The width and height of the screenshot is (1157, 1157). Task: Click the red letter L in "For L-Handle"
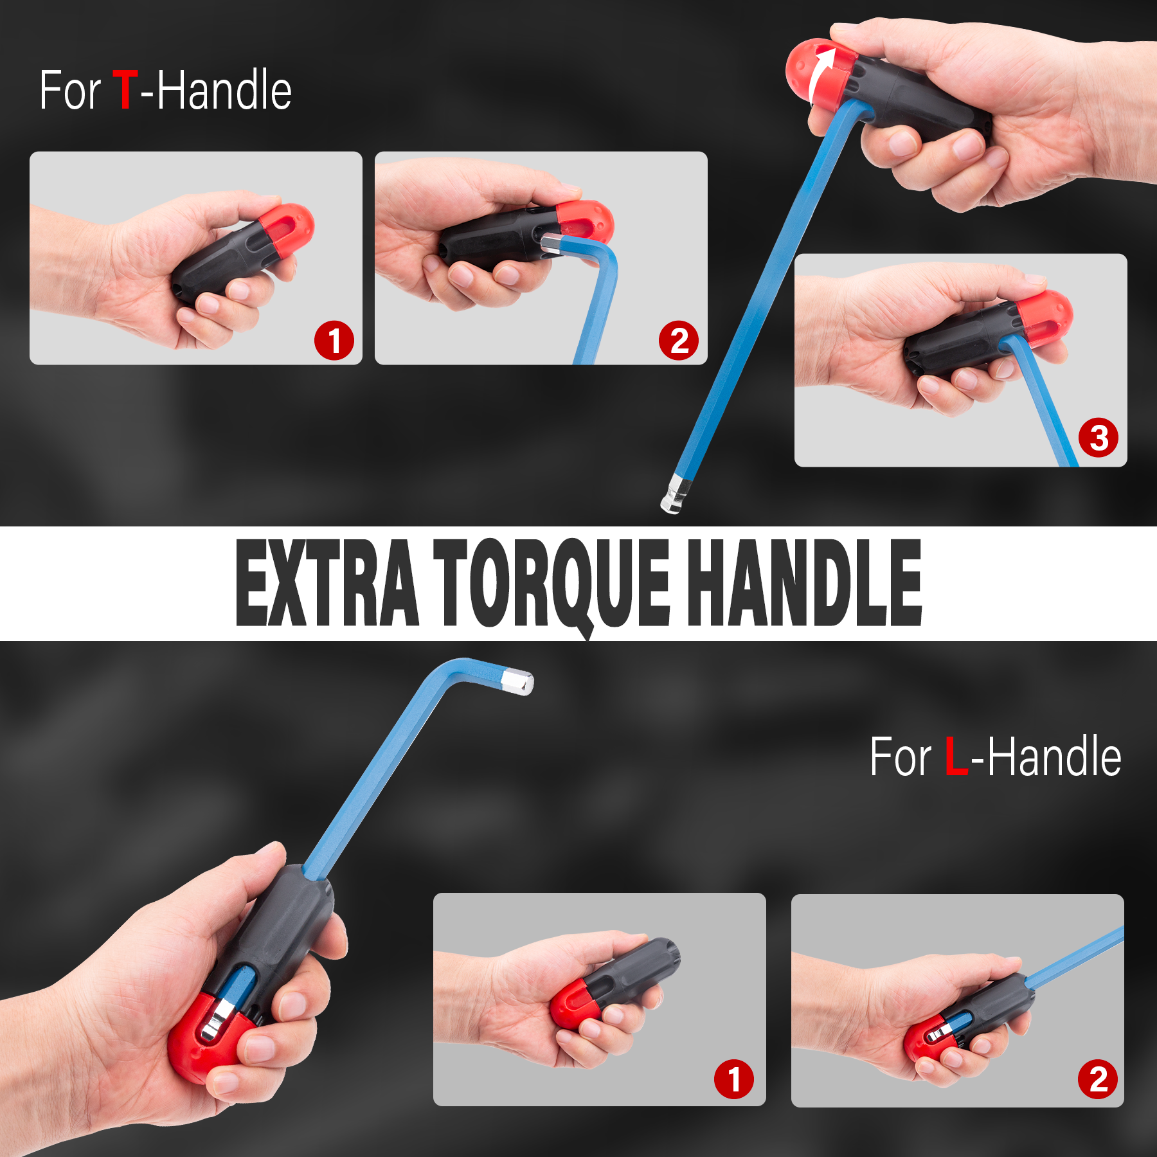click(956, 757)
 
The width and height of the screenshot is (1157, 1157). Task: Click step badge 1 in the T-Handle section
click(334, 341)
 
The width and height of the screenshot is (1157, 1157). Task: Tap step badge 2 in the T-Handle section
click(679, 341)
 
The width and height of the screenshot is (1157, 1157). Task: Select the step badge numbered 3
click(1099, 438)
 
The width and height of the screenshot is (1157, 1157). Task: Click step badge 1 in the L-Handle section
click(734, 1079)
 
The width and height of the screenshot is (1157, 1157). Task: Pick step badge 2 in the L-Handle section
click(1098, 1079)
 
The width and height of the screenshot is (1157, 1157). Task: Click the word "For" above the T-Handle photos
click(70, 90)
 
